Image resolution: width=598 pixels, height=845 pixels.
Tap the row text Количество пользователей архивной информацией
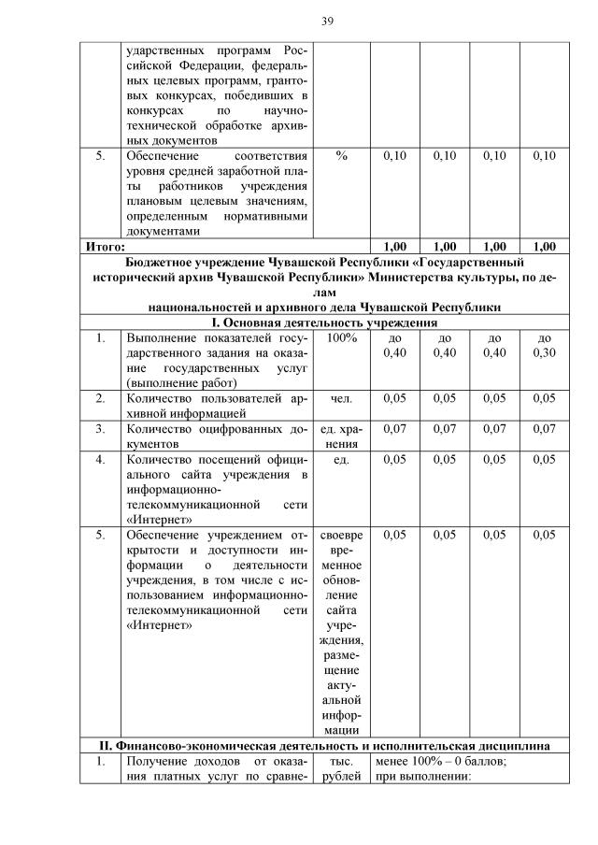(x=216, y=406)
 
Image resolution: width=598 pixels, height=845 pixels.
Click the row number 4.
(x=100, y=460)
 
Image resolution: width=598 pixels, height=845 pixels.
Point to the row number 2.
(x=100, y=399)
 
